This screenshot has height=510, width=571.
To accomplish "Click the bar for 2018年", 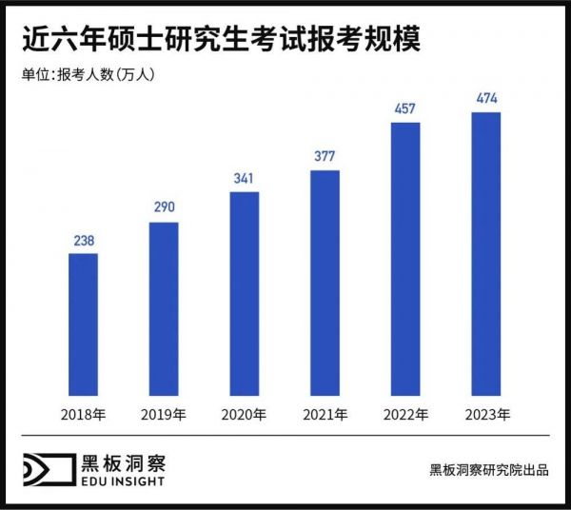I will [x=84, y=324].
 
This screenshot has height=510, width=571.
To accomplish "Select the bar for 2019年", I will [x=164, y=308].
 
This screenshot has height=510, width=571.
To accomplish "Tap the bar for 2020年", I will [x=245, y=293].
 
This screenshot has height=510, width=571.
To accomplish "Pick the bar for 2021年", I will [x=325, y=283].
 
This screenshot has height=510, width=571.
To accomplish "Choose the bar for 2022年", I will [x=405, y=258].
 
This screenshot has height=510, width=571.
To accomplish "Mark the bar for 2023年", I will [x=486, y=253].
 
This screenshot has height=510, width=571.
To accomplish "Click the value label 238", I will [x=84, y=242].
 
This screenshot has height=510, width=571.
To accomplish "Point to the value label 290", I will [x=164, y=208].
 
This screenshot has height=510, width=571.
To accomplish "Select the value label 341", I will [x=245, y=178].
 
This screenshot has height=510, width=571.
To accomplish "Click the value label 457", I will [x=405, y=108].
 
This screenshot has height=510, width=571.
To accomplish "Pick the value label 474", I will [x=486, y=98].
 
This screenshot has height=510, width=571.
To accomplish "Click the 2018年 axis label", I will [x=84, y=414].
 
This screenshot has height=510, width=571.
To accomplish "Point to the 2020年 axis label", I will [x=245, y=414].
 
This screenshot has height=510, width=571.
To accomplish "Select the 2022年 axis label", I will [x=405, y=414].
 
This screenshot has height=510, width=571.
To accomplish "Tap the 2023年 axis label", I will [x=486, y=414].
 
